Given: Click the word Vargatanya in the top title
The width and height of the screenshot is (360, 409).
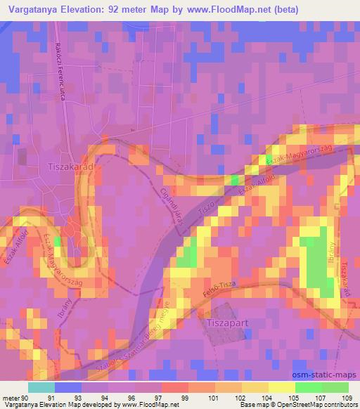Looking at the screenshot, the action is (37, 10).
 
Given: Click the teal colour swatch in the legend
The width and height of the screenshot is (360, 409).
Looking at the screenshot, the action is (41, 387).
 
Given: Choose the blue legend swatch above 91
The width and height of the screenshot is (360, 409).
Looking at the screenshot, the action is (67, 387).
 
